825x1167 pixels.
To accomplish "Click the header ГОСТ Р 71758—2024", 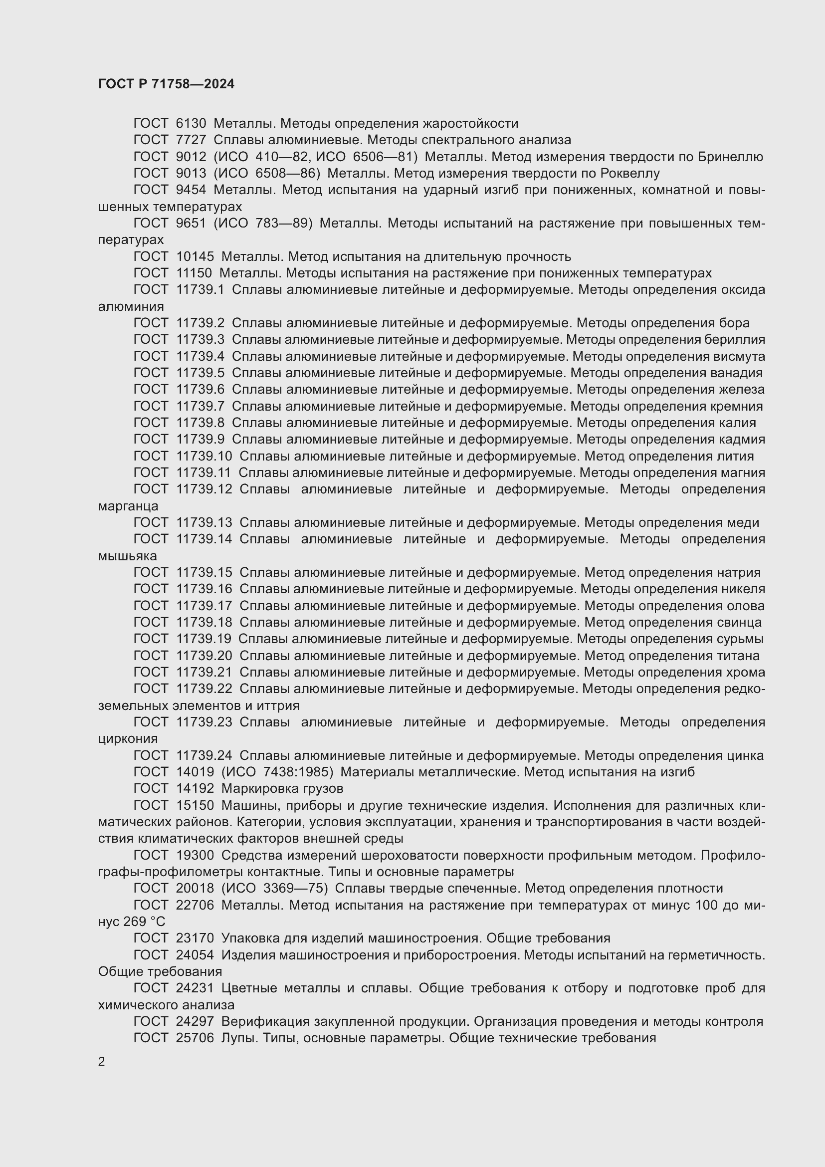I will pos(166,84).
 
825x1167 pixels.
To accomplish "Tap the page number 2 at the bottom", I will pos(102,1061).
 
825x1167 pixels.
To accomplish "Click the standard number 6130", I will pos(191,124).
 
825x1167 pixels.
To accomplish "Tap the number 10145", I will pos(195,256).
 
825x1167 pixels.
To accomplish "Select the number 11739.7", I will pos(200,406).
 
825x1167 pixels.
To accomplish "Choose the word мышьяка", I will pos(128,556).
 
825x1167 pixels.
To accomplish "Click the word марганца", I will pos(128,506).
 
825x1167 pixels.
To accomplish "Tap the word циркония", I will pos(128,738).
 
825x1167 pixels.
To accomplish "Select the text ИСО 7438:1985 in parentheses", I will pos(277,772).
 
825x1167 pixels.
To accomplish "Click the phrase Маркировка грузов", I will pos(282,788).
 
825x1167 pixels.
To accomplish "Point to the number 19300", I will pos(195,856).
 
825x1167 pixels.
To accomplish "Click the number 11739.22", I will pos(204,689).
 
